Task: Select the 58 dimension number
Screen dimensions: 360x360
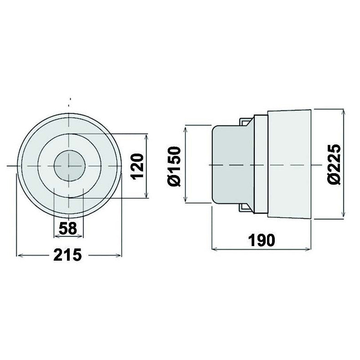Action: click(68, 228)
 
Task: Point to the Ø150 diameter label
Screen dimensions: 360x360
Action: click(175, 166)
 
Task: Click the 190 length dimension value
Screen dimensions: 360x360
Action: click(262, 240)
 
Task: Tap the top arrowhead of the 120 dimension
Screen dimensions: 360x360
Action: click(146, 136)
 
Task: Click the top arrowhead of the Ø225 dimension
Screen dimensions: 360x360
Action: click(343, 112)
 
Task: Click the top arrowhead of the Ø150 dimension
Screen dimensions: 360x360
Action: click(185, 128)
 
